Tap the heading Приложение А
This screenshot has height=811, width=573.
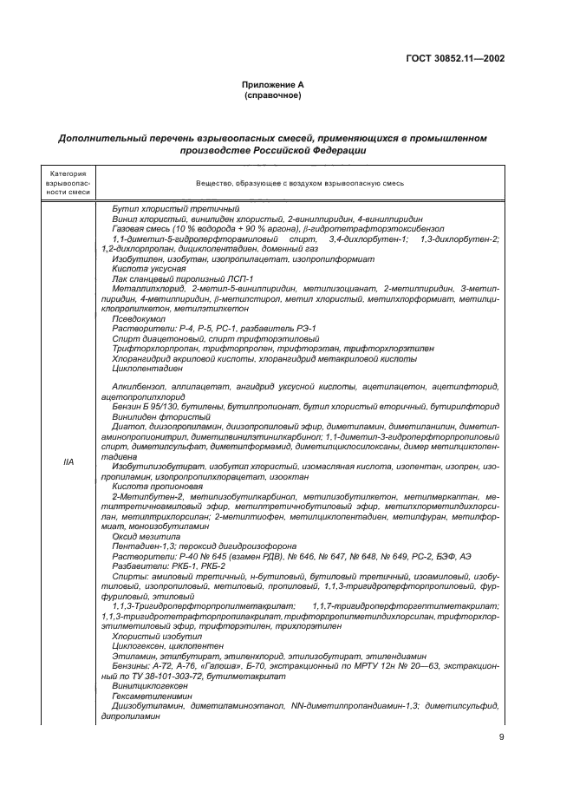[272, 85]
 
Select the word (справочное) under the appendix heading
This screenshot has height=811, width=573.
[272, 95]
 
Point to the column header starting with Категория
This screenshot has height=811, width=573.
[68, 183]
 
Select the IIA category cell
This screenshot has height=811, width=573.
[68, 461]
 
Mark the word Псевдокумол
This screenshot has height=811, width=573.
[136, 317]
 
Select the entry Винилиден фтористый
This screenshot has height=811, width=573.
[149, 416]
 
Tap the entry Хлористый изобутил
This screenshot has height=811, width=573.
[147, 636]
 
